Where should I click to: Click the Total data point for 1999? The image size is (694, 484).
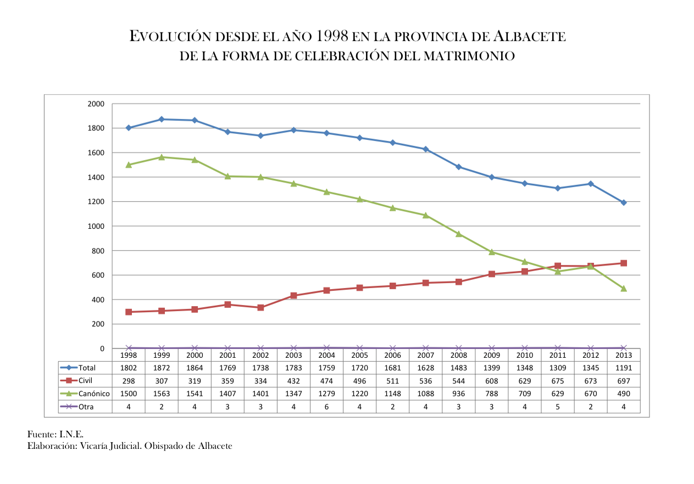(162, 119)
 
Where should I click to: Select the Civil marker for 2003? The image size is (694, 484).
(293, 295)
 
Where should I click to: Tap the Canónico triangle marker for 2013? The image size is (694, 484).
(624, 288)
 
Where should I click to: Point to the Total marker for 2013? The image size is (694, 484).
(624, 202)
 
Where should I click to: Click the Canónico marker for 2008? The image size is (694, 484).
(459, 234)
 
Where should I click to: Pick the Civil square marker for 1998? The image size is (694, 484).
(129, 312)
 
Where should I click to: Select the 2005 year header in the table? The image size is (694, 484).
(359, 355)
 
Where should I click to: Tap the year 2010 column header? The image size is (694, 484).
(525, 355)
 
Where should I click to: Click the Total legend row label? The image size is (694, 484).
(87, 368)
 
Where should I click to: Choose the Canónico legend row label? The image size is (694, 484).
(94, 393)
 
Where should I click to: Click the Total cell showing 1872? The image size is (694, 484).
(162, 368)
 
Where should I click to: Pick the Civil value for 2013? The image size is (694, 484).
(624, 381)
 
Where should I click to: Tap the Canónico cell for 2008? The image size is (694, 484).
(459, 393)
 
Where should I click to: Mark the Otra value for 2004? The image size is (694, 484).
(326, 407)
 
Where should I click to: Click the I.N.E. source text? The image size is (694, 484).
(71, 435)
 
